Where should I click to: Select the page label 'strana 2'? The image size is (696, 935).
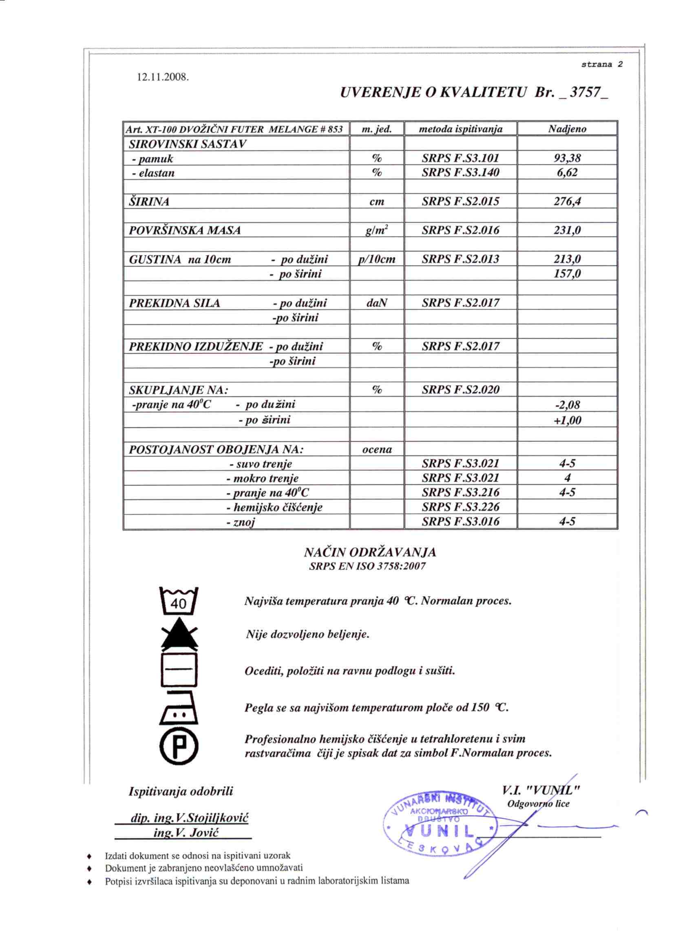coord(602,64)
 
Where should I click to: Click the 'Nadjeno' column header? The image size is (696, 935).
coord(567,129)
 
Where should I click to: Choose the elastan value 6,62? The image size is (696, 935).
coord(567,173)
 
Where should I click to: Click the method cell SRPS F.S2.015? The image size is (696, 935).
coord(460,202)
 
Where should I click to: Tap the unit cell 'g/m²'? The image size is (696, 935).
coord(377,230)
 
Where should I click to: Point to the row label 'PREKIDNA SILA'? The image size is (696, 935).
coord(175,303)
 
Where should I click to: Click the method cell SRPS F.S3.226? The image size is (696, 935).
coord(460,507)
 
